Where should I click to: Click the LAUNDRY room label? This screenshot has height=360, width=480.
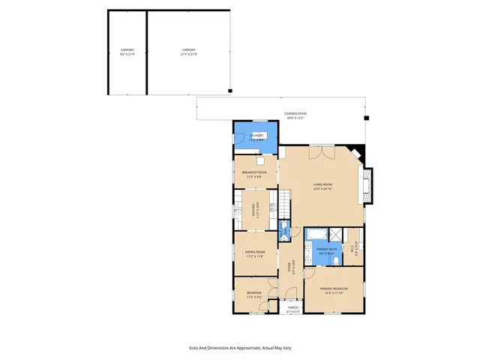click(256, 134)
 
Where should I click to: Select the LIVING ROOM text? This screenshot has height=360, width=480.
click(322, 184)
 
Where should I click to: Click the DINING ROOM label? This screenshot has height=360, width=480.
click(256, 252)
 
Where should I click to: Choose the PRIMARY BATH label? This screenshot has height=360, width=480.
click(327, 248)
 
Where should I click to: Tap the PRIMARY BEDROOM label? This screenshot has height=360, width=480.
click(334, 289)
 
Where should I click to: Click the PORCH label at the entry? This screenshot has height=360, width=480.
click(292, 307)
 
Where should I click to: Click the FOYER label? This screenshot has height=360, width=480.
click(291, 266)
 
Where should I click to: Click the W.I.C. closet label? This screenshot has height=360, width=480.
click(352, 250)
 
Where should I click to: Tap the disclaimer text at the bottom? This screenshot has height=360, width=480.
click(240, 347)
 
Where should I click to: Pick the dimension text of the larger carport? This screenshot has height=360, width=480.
click(189, 55)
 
